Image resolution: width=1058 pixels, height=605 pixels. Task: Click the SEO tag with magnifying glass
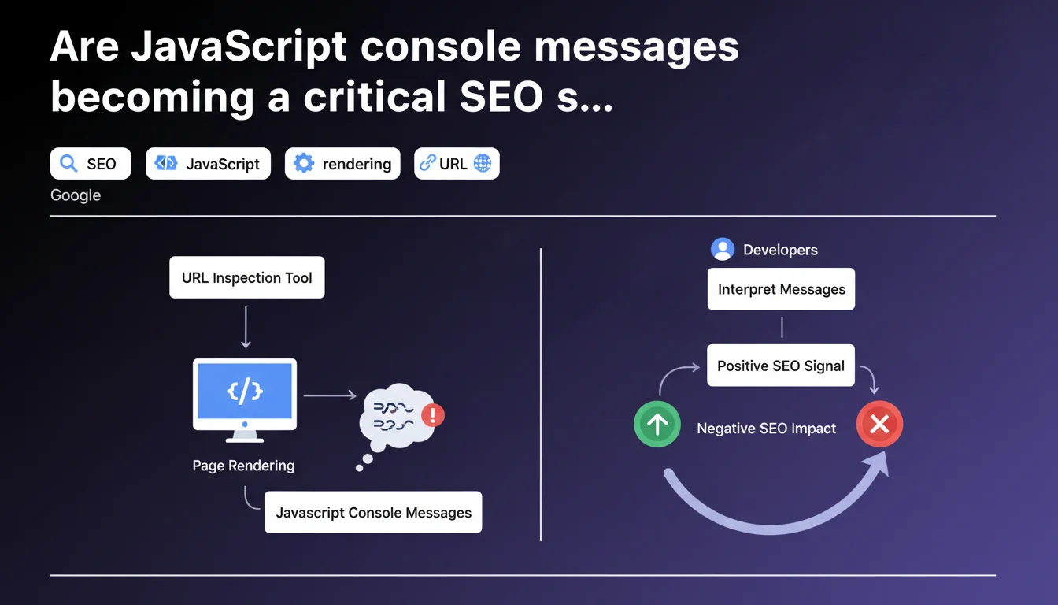91,164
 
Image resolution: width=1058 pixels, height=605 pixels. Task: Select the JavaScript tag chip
209,164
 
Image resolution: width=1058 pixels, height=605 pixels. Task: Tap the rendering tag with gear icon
342,164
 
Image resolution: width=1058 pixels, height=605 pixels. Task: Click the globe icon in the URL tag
483,164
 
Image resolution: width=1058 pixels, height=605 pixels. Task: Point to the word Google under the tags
76,195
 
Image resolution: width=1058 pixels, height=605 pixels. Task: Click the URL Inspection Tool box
247,277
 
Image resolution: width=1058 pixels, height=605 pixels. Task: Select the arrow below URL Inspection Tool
246,327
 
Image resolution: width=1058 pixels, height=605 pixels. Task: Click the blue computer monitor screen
245,392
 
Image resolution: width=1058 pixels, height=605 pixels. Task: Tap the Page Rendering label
243,466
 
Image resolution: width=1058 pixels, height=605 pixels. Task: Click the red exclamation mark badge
433,415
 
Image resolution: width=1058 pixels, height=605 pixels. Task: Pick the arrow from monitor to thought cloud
330,395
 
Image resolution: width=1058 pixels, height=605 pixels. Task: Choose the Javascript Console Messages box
373,512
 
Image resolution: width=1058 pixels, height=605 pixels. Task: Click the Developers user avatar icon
723,249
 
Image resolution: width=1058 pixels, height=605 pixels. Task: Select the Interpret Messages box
781,289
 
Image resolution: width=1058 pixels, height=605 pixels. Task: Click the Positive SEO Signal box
781,366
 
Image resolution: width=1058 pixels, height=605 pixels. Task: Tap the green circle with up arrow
657,424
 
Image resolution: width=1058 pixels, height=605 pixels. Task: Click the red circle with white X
879,424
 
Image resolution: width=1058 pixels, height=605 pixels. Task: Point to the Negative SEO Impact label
767,429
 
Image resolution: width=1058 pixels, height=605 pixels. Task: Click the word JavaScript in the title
239,46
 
